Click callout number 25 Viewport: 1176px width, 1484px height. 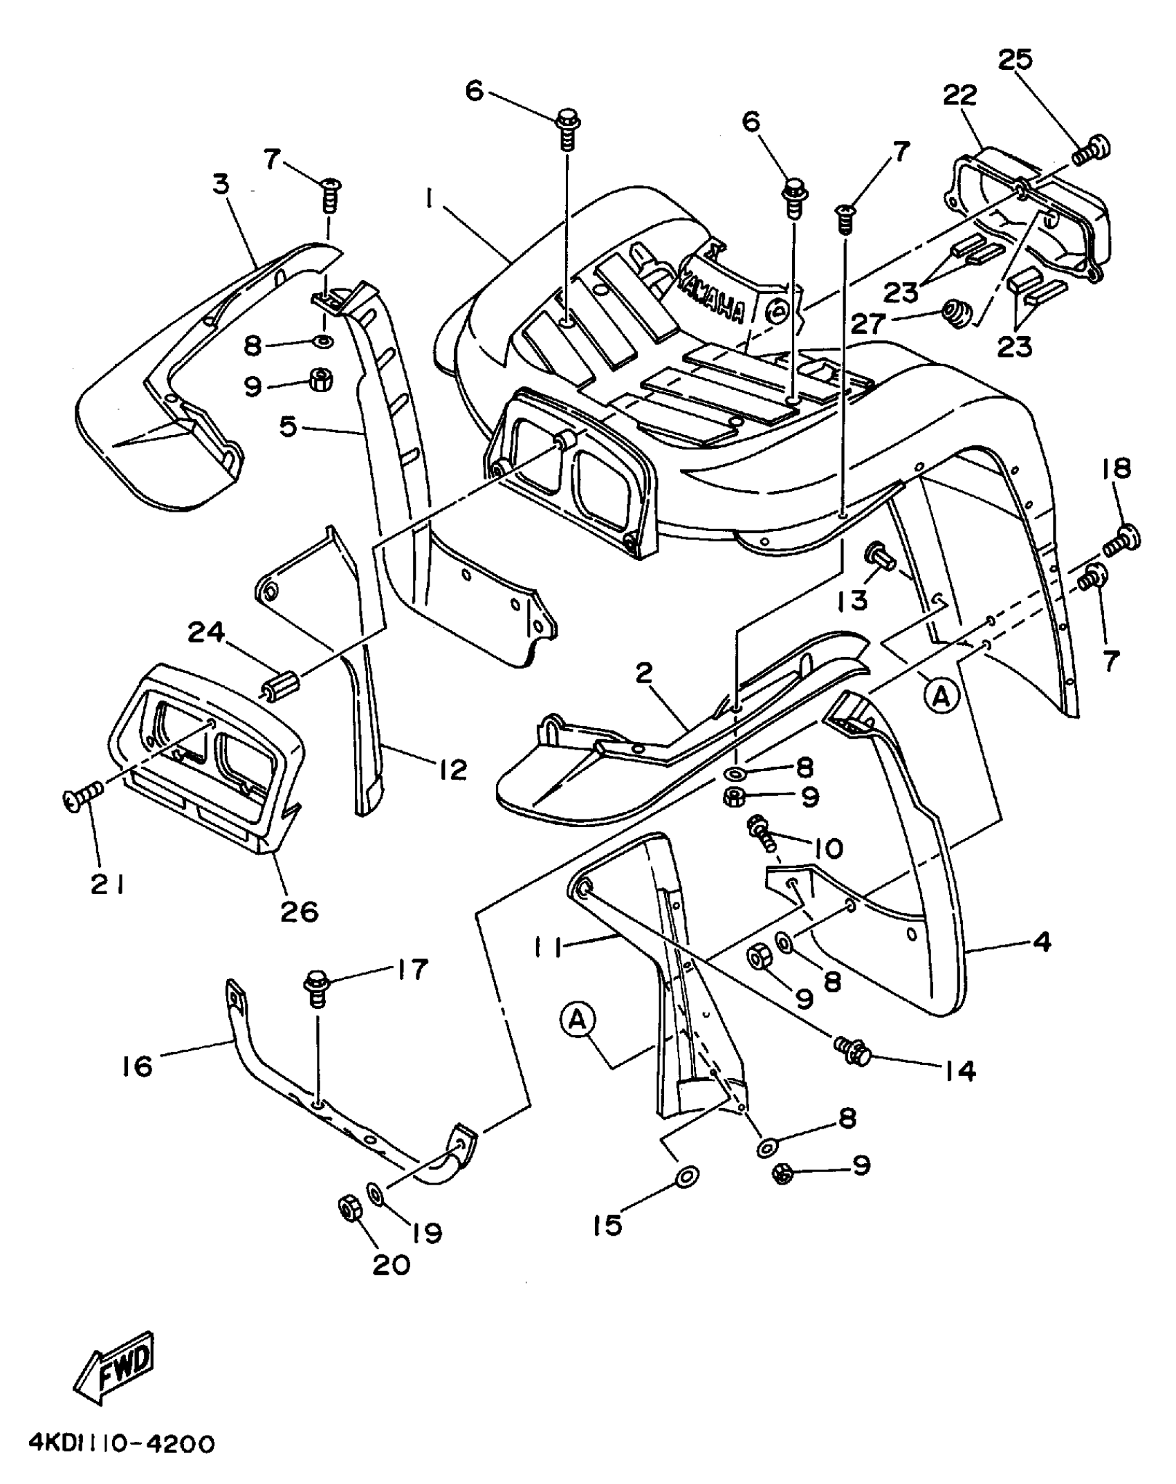coord(1015,60)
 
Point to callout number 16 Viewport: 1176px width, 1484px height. coord(137,1066)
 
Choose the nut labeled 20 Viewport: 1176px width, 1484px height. coord(347,1208)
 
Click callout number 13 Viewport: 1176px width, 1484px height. coord(852,600)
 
